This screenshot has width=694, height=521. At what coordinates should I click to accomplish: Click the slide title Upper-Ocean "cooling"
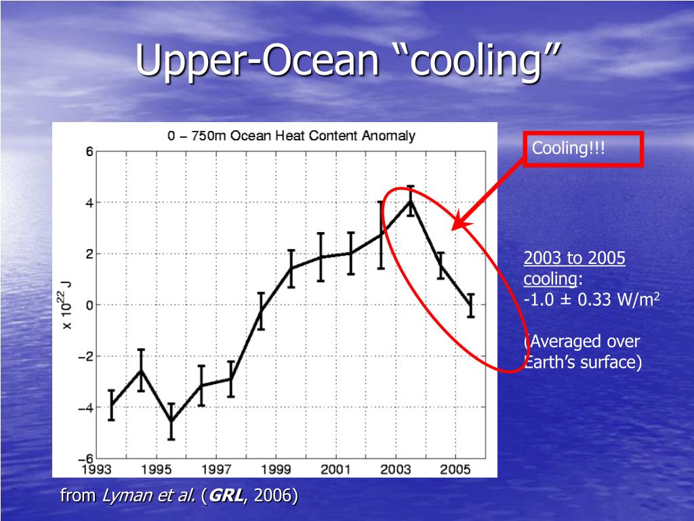pyautogui.click(x=348, y=61)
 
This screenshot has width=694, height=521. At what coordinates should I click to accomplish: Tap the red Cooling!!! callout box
pyautogui.click(x=583, y=149)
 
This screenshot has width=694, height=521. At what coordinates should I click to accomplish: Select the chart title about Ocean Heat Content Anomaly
pyautogui.click(x=291, y=136)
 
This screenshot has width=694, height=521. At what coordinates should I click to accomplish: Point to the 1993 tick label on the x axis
pyautogui.click(x=96, y=469)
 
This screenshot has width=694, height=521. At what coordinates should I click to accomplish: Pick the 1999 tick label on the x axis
pyautogui.click(x=276, y=469)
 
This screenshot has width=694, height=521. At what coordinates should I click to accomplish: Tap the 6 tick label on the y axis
pyautogui.click(x=89, y=152)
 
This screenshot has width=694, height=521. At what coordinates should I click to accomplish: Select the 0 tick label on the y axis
pyautogui.click(x=89, y=305)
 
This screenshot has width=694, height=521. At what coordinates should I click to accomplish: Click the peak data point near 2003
pyautogui.click(x=410, y=201)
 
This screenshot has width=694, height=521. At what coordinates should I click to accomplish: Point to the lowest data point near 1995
pyautogui.click(x=171, y=421)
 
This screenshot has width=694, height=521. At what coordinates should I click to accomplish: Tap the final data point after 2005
pyautogui.click(x=470, y=305)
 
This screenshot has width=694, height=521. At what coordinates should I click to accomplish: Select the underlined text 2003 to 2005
pyautogui.click(x=574, y=258)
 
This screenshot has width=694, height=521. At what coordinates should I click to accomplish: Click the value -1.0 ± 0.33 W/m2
pyautogui.click(x=592, y=300)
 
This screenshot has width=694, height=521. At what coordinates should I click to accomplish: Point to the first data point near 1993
pyautogui.click(x=111, y=405)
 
